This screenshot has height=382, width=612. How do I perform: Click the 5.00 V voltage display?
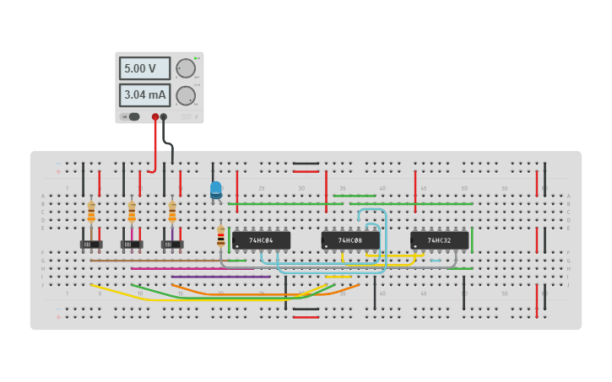tap(144, 68)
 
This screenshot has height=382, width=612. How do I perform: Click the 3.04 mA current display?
tap(144, 95)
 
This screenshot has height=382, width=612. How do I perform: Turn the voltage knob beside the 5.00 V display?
tap(186, 68)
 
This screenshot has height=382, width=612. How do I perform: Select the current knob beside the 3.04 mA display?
tap(186, 95)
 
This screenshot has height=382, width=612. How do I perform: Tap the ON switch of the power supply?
tap(133, 117)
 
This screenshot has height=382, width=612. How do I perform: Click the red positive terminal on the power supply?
tap(155, 117)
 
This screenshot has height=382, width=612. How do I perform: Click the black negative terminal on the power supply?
tap(164, 117)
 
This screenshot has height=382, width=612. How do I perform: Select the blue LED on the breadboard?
tap(216, 190)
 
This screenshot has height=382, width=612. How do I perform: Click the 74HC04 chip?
tap(261, 240)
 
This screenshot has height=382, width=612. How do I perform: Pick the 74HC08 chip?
tap(350, 240)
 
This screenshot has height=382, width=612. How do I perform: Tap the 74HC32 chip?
tap(439, 240)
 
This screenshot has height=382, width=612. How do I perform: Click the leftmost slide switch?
tap(91, 245)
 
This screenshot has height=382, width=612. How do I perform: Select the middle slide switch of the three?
tap(132, 245)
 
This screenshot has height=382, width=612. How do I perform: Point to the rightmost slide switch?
tap(172, 245)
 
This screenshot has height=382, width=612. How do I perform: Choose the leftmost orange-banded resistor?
tap(91, 213)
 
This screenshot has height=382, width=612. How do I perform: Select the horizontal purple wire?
tap(220, 277)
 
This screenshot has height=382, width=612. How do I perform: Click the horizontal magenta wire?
tap(194, 268)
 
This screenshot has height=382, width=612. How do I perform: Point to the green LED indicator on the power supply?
tap(196, 58)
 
